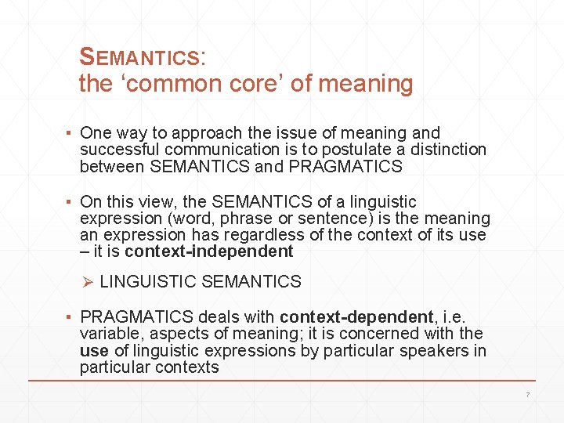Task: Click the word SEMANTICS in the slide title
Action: [x=141, y=57]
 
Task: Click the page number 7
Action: [x=527, y=394]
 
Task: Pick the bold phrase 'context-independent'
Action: [x=209, y=251]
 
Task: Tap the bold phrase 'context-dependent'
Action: [x=356, y=317]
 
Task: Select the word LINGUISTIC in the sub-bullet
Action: [x=148, y=282]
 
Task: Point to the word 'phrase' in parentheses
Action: [x=248, y=219]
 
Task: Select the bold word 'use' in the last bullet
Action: [x=93, y=350]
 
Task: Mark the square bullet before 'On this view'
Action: [x=70, y=203]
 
